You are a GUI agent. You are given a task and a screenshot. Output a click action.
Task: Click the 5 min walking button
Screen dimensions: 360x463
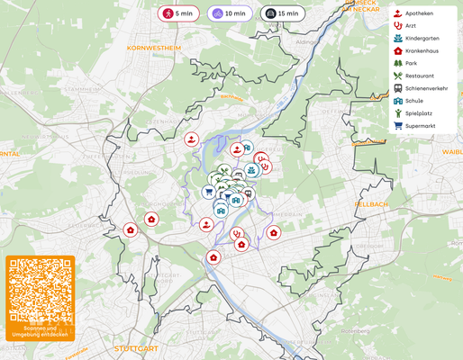[x=178, y=13]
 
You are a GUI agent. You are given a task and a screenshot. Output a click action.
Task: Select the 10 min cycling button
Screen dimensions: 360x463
[x=230, y=13]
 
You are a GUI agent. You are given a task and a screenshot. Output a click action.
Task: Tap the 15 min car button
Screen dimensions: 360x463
[x=282, y=13]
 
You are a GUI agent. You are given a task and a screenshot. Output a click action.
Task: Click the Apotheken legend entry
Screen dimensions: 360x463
[x=419, y=13]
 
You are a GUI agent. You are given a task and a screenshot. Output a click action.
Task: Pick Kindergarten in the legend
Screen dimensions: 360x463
[x=422, y=39]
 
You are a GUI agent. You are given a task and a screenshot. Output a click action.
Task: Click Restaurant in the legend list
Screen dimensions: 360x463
[x=419, y=76]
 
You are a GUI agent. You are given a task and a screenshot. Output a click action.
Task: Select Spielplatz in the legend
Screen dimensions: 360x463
[x=419, y=113]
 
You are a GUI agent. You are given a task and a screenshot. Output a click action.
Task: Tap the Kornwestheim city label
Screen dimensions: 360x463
[x=154, y=47]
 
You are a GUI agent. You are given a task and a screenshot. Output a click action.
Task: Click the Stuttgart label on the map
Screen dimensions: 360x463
[x=136, y=347]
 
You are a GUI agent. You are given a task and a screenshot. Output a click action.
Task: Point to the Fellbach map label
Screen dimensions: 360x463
[x=371, y=204]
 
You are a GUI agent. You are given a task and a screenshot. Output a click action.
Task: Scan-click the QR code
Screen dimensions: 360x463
[x=40, y=291]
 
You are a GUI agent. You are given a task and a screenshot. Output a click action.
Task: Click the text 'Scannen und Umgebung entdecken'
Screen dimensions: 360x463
[x=40, y=333]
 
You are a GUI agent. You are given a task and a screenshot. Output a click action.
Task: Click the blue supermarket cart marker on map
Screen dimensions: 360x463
[x=208, y=191]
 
